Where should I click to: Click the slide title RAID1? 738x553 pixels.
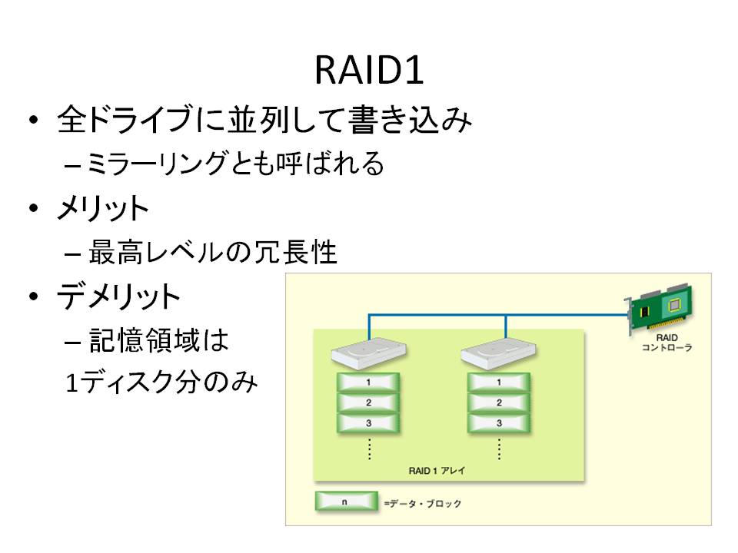(369, 72)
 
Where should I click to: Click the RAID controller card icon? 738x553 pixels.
(661, 311)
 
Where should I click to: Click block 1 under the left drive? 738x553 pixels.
(368, 382)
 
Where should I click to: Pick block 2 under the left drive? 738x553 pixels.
(368, 402)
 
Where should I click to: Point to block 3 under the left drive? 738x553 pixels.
(368, 422)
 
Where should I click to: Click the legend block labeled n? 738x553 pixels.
(344, 502)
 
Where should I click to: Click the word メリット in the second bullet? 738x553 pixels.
(103, 209)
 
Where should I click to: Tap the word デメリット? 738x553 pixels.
(119, 296)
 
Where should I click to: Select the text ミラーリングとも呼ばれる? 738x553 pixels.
(234, 164)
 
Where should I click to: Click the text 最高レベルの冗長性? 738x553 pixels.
(213, 252)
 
